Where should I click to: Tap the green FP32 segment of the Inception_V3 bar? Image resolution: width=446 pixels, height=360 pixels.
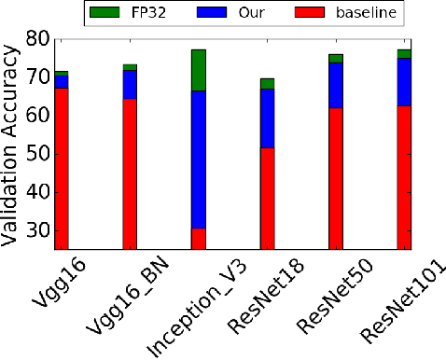pyautogui.click(x=198, y=70)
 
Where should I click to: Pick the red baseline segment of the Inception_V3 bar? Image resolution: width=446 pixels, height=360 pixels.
pyautogui.click(x=198, y=239)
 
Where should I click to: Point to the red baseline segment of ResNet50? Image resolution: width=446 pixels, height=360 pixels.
pyautogui.click(x=335, y=178)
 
